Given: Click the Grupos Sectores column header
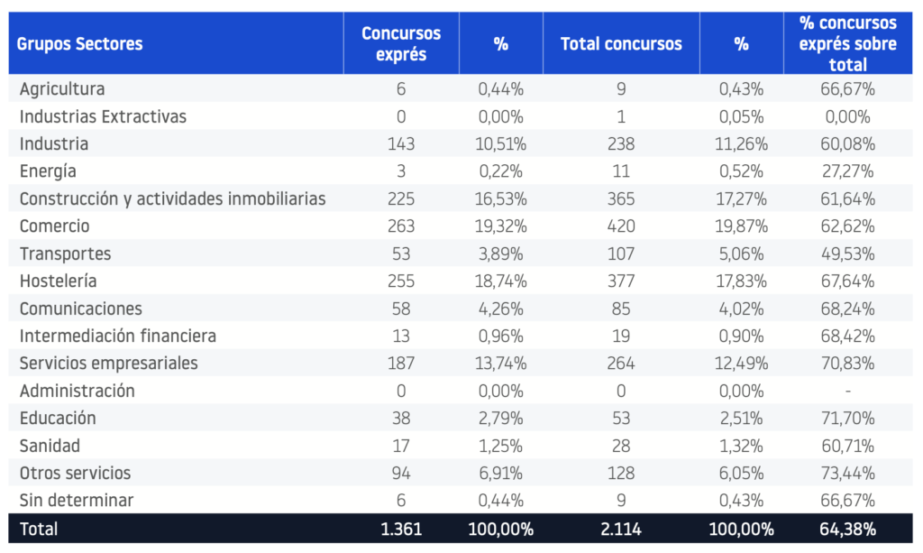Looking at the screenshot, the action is (79, 44).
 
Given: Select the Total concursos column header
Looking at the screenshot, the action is (621, 44).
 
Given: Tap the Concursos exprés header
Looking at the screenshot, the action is (401, 43).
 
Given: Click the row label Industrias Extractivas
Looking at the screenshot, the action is (103, 116).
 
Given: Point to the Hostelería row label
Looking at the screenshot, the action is (59, 281).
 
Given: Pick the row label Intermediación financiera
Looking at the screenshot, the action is (118, 336).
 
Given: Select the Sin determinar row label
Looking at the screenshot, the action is (77, 500).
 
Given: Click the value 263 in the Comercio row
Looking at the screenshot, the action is (401, 226).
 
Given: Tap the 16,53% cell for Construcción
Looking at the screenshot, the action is (501, 199).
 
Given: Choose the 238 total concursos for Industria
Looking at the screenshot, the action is (621, 144).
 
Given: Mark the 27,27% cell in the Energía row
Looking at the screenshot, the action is (847, 171).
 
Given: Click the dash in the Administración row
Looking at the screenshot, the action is (847, 391).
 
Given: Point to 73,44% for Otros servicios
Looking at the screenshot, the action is (847, 473).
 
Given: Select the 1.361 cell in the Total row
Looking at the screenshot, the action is (401, 529).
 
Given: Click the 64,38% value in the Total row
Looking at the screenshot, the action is (847, 529).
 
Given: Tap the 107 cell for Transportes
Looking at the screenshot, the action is (621, 253).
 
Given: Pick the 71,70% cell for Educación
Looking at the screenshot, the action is (847, 419).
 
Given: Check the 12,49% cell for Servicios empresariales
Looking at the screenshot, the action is (741, 364).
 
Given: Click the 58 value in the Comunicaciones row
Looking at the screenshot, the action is (401, 309).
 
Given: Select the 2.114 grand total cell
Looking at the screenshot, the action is (621, 529).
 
